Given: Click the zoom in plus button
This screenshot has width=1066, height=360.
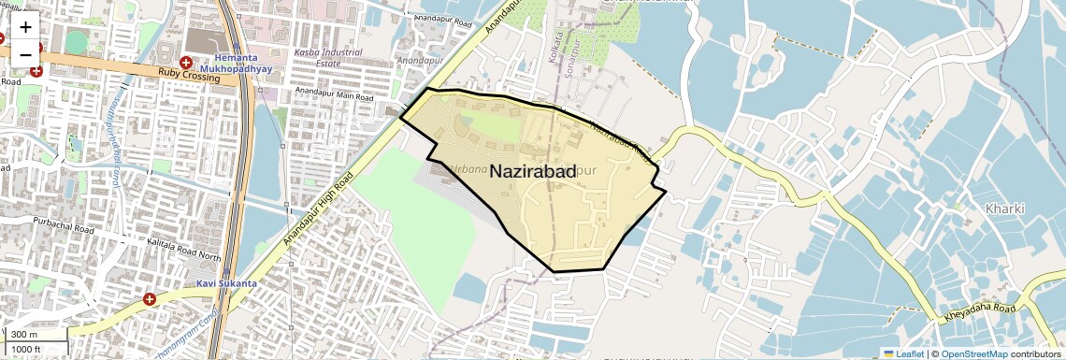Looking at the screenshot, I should coord(25,27).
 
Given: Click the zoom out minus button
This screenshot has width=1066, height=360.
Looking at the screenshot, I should coord(25,53).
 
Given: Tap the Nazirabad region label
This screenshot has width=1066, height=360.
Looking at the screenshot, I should coord(532,172).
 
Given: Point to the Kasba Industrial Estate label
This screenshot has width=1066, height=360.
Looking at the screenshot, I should coord(328,58).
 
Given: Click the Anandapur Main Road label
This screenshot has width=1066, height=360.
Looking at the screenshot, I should coord(333,92).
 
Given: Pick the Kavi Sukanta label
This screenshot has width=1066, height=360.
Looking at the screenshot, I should coord(226,282).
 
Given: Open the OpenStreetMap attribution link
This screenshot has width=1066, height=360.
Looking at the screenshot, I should coord(973,353).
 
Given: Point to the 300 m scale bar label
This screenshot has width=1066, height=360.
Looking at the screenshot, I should coord(23,335).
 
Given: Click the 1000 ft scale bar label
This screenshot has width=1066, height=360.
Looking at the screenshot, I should coord(26,349).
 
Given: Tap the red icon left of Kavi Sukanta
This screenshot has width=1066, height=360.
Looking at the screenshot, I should coord(150,299).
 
